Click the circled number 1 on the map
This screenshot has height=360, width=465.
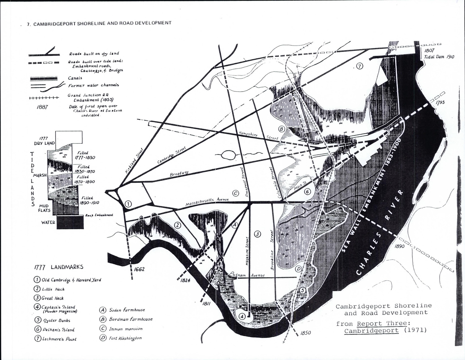(x=128, y=204)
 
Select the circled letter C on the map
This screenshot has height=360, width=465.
(x=235, y=193)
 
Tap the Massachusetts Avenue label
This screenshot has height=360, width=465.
(x=207, y=202)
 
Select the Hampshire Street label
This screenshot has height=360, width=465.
(x=258, y=135)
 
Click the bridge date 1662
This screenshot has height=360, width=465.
(x=139, y=269)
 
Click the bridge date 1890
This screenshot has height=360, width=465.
(x=400, y=246)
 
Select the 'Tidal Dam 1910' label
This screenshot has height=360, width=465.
(x=437, y=57)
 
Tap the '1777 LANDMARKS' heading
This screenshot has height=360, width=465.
(x=59, y=267)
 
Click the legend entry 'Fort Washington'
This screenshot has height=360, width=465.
(x=125, y=338)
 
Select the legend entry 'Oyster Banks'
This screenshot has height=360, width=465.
(x=56, y=320)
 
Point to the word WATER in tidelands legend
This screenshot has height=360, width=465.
(x=48, y=222)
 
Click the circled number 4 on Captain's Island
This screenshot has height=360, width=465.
(x=242, y=316)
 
